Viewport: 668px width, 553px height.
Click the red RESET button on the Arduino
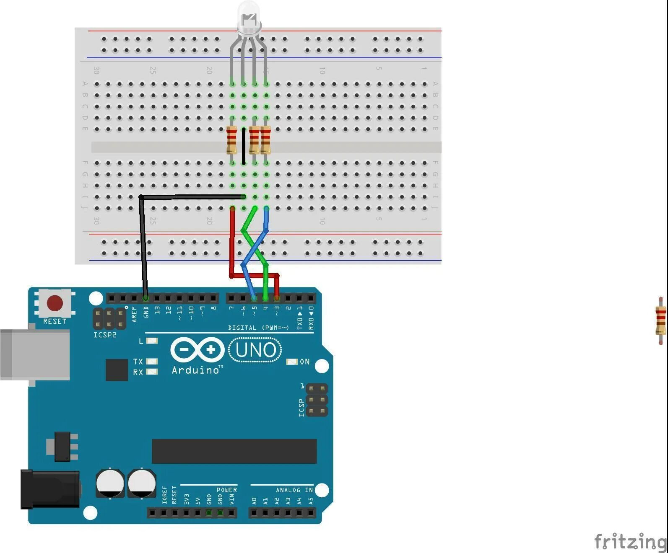(55, 303)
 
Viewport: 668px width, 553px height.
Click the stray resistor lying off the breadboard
(660, 320)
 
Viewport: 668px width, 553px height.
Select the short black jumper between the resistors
(244, 146)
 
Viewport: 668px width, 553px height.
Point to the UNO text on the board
(255, 350)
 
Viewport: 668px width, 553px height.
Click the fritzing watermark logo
(630, 541)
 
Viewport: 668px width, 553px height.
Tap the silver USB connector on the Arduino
(34, 354)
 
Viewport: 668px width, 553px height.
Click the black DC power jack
(50, 489)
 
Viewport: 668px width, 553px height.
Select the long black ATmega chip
(234, 451)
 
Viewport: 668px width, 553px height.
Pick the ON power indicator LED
(292, 362)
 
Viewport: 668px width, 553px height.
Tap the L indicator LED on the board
(152, 341)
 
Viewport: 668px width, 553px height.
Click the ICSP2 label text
(105, 335)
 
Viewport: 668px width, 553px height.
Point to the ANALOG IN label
(294, 490)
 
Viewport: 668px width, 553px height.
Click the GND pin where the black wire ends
(146, 298)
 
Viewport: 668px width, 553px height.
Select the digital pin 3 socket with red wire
(277, 298)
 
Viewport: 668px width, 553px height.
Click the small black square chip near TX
(117, 370)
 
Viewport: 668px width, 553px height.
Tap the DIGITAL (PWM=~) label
(258, 328)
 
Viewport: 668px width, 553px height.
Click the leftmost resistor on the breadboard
(231, 140)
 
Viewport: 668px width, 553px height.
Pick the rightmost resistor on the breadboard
(265, 140)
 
